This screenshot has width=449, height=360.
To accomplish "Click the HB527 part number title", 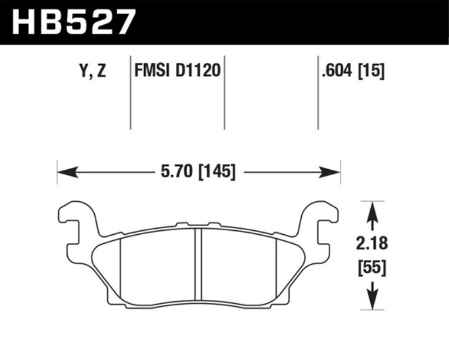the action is (x=73, y=22).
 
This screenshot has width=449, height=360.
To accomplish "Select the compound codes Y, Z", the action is (x=93, y=71).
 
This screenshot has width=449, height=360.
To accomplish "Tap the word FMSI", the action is (x=152, y=71).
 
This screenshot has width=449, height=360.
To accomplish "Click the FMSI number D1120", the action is (x=198, y=71).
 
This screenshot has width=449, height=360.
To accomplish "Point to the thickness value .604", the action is (x=336, y=71).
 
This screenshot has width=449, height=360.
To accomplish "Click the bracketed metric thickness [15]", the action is (x=371, y=71).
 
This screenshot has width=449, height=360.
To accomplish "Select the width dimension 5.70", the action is (x=176, y=172).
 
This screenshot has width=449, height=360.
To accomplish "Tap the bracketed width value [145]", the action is (x=217, y=172).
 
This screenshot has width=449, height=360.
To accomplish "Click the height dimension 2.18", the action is (x=372, y=243).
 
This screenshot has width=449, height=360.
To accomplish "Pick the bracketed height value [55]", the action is (x=372, y=268).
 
